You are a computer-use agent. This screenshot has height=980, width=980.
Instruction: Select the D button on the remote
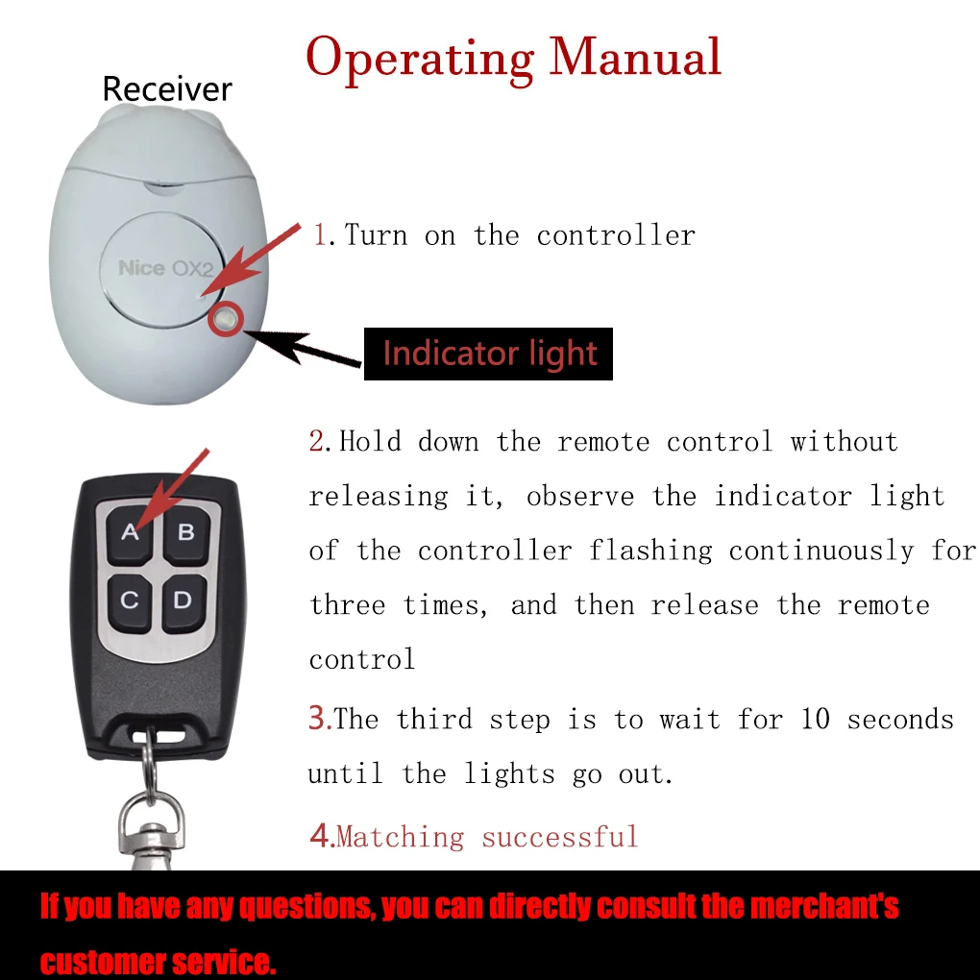point(184,602)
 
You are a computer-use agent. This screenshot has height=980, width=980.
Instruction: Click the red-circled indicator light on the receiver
point(226,319)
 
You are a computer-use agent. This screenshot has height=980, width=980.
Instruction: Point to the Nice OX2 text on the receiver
point(165,268)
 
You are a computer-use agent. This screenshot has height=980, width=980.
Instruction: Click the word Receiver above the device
point(167,88)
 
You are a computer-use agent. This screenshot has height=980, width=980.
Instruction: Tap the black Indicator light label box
point(488,354)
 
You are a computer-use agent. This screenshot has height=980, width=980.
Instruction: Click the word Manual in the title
point(635,58)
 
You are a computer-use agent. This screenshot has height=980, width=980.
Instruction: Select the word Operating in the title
point(420,60)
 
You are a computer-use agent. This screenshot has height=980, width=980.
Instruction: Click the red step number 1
point(320,235)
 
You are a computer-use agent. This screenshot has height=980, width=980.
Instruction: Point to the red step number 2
point(316,441)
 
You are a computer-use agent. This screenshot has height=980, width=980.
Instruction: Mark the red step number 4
point(321,836)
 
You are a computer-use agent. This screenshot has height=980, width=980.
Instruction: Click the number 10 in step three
point(815,719)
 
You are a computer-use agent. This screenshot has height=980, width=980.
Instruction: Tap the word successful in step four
point(560,836)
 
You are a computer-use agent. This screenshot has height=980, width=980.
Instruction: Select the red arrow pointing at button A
point(172,489)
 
